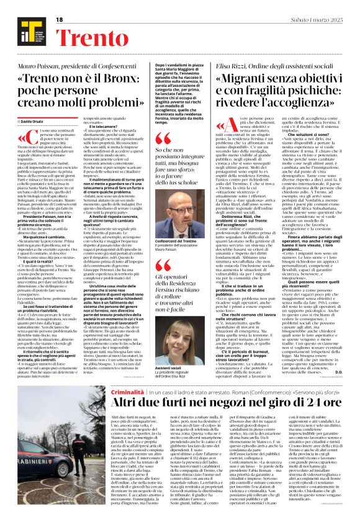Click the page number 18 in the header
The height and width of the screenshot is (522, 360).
tap(60, 20)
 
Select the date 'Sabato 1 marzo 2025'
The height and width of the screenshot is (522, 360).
tap(325, 20)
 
